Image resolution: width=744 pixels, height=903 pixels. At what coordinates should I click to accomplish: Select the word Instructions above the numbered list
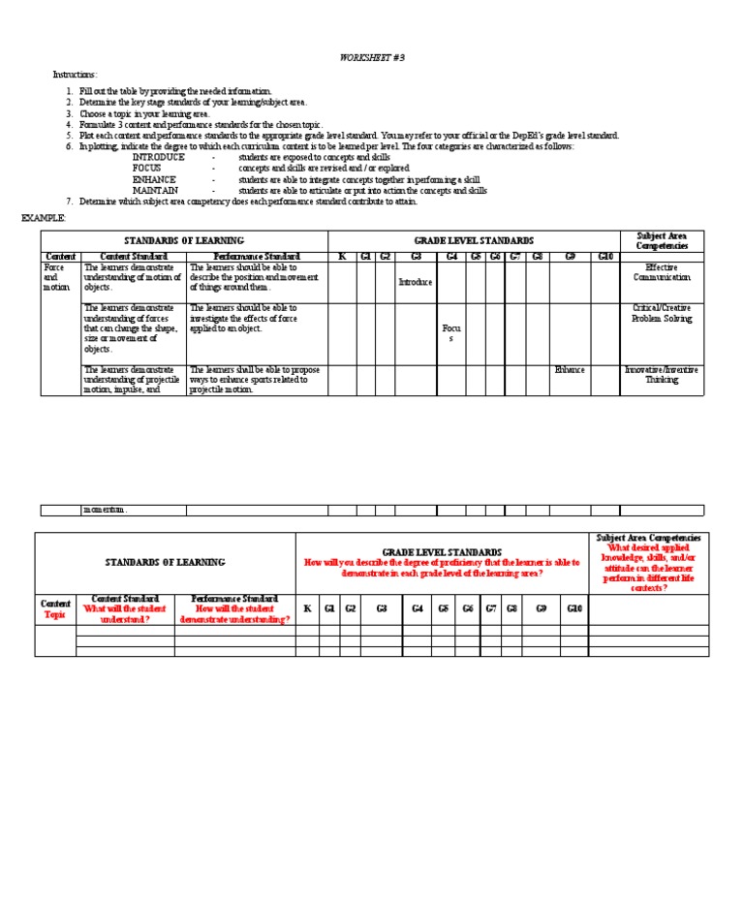[x=75, y=75]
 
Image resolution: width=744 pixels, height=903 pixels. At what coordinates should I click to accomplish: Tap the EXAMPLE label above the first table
[x=44, y=218]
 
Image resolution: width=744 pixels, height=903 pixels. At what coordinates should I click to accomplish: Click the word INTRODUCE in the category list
[x=158, y=157]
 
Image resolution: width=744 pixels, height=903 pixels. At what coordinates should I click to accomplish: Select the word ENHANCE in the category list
[x=154, y=179]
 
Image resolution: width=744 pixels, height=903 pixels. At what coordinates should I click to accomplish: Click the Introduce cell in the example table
[x=416, y=282]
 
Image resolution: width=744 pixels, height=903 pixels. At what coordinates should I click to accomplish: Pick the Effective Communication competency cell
[x=662, y=272]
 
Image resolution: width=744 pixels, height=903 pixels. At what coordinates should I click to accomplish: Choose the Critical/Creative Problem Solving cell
[x=662, y=313]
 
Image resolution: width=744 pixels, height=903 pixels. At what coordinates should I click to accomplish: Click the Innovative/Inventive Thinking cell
[x=662, y=375]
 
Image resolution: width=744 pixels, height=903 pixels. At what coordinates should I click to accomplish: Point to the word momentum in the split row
[x=106, y=510]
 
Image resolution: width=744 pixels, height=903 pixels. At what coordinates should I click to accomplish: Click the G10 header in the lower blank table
[x=573, y=608]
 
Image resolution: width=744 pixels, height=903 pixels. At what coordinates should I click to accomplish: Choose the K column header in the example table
[x=341, y=257]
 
